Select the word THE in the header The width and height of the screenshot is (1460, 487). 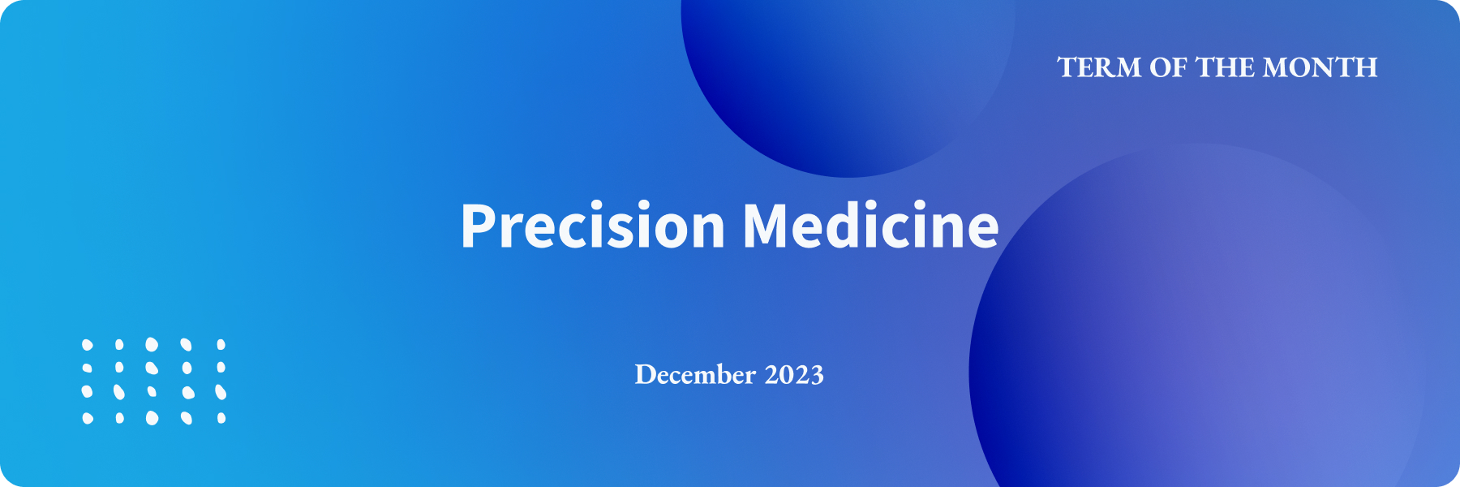[x=1226, y=67]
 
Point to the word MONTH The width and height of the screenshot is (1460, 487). [x=1320, y=67]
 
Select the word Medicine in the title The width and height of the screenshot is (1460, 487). [x=871, y=225]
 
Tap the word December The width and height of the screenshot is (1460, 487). [x=695, y=375]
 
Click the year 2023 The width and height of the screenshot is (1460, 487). [x=794, y=375]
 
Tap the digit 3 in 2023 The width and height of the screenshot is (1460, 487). [x=817, y=375]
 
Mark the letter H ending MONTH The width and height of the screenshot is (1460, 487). [x=1365, y=67]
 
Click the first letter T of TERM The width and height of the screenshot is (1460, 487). [x=1067, y=67]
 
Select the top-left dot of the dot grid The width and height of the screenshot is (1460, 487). [x=88, y=345]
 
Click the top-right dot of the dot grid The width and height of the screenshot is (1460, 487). [x=221, y=345]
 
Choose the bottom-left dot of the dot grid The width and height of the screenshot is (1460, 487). [x=88, y=418]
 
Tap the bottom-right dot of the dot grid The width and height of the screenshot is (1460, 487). [x=221, y=418]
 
